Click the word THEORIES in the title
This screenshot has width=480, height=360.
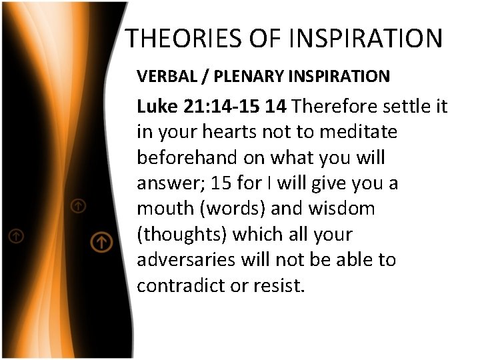[177, 39]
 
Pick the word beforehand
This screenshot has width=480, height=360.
[183, 157]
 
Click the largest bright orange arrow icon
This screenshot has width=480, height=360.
[101, 241]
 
